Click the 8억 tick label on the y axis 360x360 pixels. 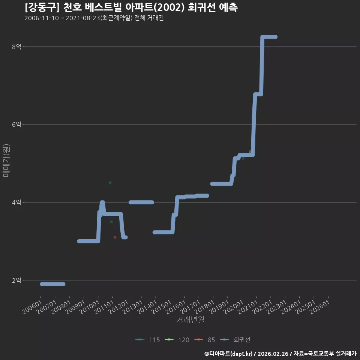point(16,47)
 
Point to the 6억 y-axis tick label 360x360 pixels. point(16,124)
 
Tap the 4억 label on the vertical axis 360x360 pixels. point(16,202)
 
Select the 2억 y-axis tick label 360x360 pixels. point(16,280)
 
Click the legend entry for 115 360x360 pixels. point(148,340)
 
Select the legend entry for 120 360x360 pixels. point(177,340)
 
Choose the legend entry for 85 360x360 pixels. point(205,340)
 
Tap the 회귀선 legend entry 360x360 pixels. point(235,340)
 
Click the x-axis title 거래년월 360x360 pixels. point(190,319)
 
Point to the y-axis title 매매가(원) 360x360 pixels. point(6,160)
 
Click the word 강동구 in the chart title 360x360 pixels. point(42,7)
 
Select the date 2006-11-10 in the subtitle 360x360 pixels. point(42,18)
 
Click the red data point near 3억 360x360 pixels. point(115,237)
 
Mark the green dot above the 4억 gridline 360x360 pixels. point(110,183)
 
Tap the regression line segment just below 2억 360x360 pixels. point(52,284)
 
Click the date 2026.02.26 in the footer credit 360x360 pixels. point(273,354)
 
